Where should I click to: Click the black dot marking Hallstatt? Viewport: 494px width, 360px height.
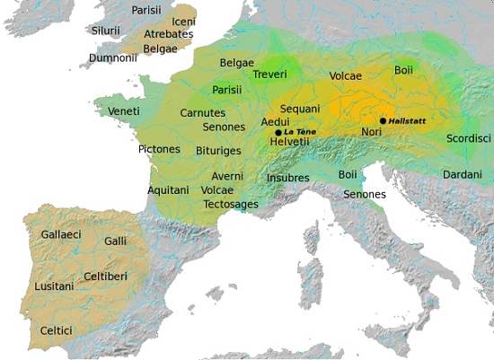(384, 120)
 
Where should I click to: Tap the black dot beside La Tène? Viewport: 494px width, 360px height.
(278, 132)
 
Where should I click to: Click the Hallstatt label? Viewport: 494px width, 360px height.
(410, 120)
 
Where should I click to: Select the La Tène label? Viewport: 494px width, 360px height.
(300, 132)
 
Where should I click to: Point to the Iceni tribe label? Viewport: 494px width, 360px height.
(183, 21)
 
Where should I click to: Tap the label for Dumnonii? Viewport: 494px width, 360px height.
(114, 58)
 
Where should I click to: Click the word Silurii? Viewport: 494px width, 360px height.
(105, 31)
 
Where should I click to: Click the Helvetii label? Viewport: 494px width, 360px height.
(290, 142)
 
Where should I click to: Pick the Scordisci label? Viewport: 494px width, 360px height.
(468, 138)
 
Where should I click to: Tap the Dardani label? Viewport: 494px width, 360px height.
(463, 173)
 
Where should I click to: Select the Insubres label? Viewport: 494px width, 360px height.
(287, 178)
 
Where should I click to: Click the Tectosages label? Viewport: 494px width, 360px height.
(231, 204)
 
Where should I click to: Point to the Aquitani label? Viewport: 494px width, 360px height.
(169, 190)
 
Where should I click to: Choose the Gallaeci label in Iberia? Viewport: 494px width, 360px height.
(61, 233)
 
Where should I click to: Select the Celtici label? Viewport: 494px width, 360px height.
(56, 331)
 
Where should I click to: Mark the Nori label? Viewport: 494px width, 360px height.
(372, 132)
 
